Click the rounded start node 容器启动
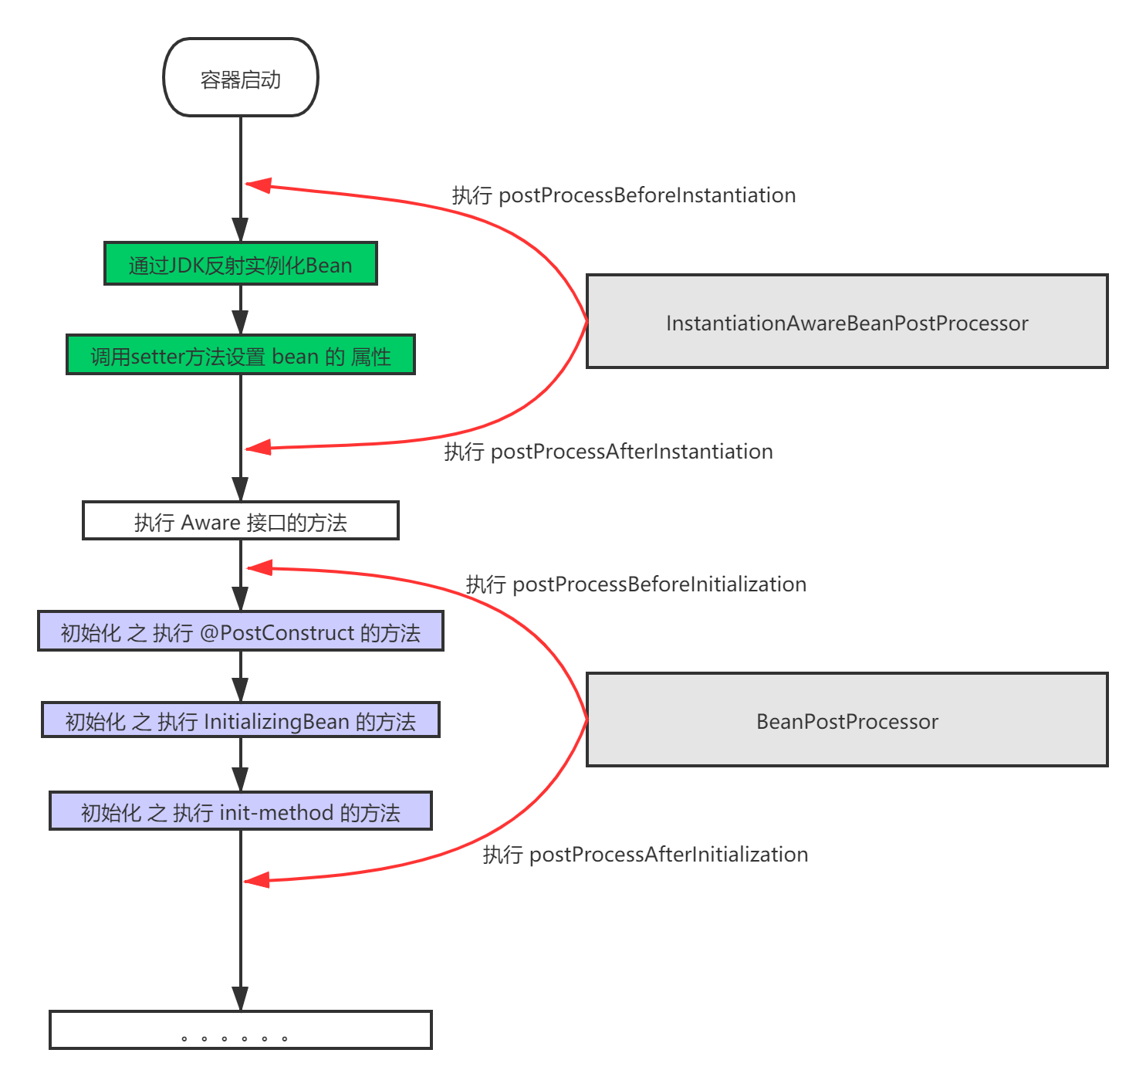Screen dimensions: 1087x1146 pos(240,78)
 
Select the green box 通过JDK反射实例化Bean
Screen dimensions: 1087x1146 pos(240,264)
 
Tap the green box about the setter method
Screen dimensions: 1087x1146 pos(240,355)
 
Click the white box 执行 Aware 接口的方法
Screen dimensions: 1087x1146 pos(240,521)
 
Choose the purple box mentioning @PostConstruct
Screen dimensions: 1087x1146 pos(240,632)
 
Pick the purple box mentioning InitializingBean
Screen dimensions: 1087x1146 pos(240,720)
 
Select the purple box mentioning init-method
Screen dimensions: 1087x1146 pos(240,811)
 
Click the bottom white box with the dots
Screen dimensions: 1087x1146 pos(240,1030)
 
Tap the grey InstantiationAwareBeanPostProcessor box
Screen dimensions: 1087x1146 pos(847,322)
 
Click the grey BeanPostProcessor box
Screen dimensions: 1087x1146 pos(847,720)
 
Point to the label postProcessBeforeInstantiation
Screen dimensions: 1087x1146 pos(624,195)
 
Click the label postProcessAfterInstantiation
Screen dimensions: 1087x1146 pos(608,452)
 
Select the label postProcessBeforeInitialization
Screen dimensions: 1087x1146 pos(636,584)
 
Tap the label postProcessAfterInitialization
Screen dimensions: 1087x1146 pos(645,855)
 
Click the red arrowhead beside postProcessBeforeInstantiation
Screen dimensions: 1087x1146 pos(258,185)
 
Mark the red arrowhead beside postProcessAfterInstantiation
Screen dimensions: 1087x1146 pos(258,447)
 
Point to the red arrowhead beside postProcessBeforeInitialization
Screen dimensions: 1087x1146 pos(258,568)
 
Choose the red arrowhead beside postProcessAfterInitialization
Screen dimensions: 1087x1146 pos(256,880)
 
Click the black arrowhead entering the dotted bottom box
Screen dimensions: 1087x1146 pos(240,999)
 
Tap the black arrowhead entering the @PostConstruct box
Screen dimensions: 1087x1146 pos(240,599)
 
